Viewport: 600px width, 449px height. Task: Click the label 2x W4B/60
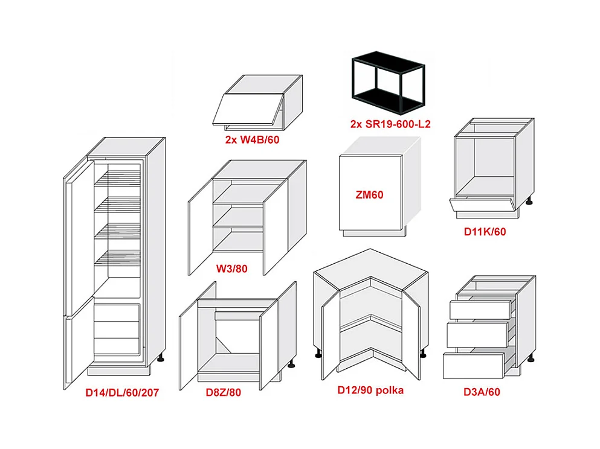point(252,141)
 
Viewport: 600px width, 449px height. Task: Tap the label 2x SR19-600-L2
point(390,124)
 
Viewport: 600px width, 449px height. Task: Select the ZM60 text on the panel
point(369,194)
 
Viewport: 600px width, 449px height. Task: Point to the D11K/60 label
point(485,231)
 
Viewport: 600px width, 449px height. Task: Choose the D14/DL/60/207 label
point(122,393)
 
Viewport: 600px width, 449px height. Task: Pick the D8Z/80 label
point(223,392)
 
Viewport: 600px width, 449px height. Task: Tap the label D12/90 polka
point(370,390)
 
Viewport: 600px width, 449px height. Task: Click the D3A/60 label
point(482,392)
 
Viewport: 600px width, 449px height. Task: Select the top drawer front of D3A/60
point(481,310)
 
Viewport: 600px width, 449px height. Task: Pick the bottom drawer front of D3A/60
point(473,365)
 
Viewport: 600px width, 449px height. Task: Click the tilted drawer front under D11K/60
point(482,208)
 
